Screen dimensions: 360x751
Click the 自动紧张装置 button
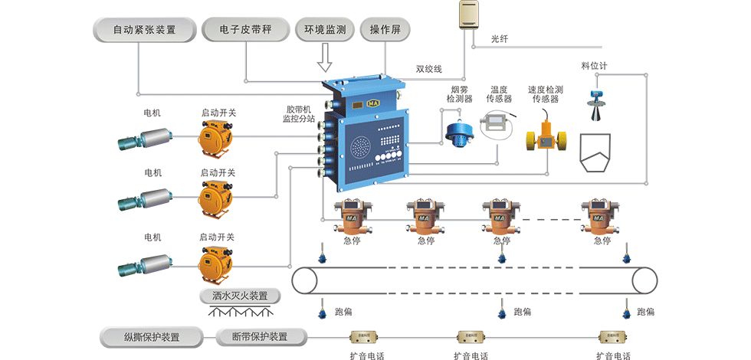click(x=144, y=31)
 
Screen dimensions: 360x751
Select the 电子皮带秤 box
click(x=246, y=31)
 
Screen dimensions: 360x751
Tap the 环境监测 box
click(x=325, y=31)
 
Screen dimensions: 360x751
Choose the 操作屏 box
click(x=385, y=31)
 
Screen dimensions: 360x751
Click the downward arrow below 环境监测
click(x=325, y=57)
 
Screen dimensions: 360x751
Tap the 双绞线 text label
click(x=429, y=69)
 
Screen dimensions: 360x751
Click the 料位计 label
click(x=594, y=67)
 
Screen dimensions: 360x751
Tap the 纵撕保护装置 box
click(x=152, y=337)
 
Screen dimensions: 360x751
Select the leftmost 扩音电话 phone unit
click(x=365, y=337)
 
